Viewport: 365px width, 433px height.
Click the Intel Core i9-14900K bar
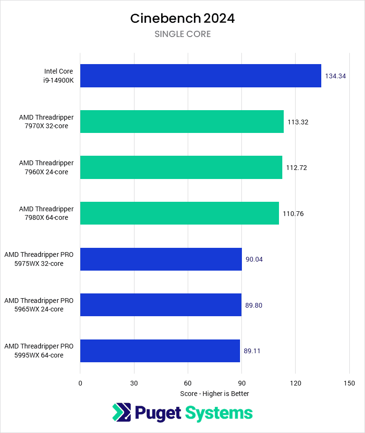coord(201,76)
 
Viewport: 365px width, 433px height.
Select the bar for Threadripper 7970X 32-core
coord(182,122)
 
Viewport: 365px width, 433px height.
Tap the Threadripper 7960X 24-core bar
coord(181,167)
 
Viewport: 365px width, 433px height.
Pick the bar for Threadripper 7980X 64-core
coord(180,213)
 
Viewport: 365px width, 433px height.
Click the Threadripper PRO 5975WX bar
coord(161,259)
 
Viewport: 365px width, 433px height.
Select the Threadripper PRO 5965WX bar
coord(161,305)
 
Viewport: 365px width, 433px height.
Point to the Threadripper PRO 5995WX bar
coord(160,351)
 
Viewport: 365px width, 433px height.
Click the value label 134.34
coord(335,76)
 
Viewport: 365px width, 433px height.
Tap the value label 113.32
coord(298,122)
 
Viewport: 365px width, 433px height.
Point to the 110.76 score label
coord(293,214)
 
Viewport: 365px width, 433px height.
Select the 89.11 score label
coord(252,351)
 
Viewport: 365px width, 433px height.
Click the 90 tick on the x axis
coord(241,383)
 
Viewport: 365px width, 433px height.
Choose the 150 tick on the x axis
coord(349,383)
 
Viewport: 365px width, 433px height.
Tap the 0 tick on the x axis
coord(80,383)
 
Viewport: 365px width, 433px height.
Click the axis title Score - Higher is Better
coord(214,394)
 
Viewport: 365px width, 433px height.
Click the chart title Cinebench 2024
coord(182,19)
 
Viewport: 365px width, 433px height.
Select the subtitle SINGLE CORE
coord(182,34)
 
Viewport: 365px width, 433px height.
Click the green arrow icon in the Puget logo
coord(122,412)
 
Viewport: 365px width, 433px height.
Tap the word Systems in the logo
coord(219,413)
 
